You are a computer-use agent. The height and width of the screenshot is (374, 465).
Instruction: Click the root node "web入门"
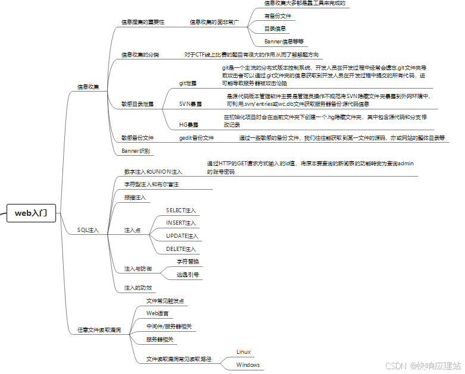point(32,213)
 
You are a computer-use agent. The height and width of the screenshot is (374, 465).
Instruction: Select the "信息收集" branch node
point(89,87)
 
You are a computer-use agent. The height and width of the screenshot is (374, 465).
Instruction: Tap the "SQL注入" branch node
point(89,229)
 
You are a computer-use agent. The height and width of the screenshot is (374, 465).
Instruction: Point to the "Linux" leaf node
point(244,352)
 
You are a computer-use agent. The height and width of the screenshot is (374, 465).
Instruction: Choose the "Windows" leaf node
point(248,365)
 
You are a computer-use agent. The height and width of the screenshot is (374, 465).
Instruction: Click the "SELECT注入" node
point(181,210)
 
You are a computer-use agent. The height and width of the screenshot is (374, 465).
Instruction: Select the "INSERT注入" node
point(181,223)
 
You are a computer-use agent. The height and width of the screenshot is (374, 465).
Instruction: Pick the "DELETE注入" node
point(181,249)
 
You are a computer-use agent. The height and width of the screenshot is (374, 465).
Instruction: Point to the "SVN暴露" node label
point(190,103)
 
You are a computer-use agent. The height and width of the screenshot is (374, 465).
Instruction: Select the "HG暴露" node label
point(189,125)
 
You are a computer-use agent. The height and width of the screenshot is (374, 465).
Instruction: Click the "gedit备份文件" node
point(196,138)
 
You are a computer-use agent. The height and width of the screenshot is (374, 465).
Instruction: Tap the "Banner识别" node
point(136,151)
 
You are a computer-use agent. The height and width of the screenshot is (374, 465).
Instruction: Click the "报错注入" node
point(134,197)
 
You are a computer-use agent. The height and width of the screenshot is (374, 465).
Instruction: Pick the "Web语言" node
point(157,313)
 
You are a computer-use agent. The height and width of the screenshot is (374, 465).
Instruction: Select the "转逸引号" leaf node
point(188,275)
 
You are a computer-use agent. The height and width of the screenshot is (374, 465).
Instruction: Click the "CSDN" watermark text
point(395,364)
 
